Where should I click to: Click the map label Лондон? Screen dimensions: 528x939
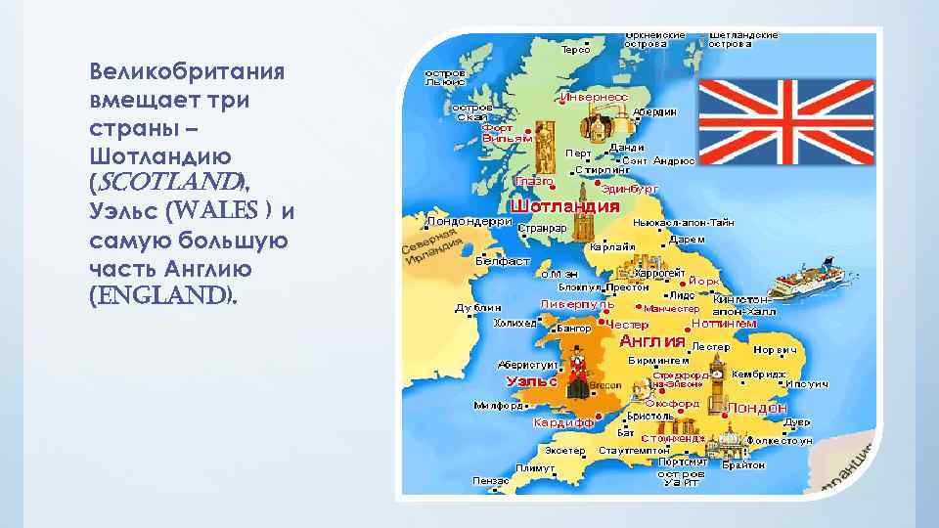pyautogui.click(x=757, y=407)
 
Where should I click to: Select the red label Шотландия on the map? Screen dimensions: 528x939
pyautogui.click(x=565, y=206)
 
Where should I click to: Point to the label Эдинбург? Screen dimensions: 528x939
pyautogui.click(x=631, y=188)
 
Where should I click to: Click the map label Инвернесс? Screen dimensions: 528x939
pyautogui.click(x=594, y=97)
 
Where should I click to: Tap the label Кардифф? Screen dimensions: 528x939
pyautogui.click(x=563, y=423)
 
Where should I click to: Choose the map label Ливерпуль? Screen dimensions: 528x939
pyautogui.click(x=578, y=304)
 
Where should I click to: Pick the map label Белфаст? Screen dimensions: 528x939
pyautogui.click(x=502, y=261)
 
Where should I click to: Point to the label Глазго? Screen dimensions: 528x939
pyautogui.click(x=534, y=181)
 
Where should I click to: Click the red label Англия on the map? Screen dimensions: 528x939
pyautogui.click(x=652, y=341)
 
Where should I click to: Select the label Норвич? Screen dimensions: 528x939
pyautogui.click(x=775, y=349)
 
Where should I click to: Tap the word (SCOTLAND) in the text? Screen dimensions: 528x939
pyautogui.click(x=163, y=183)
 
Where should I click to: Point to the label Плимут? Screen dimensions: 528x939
pyautogui.click(x=536, y=467)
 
